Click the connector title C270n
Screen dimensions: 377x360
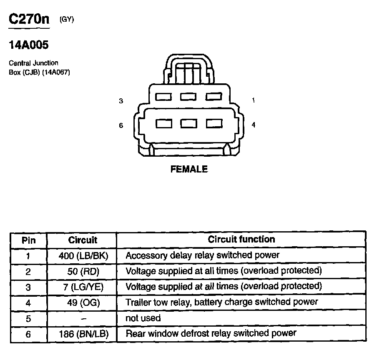[x=29, y=20]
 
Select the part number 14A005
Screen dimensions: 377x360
[x=29, y=45]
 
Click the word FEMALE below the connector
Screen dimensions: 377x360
[x=189, y=169]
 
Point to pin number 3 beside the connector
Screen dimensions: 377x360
[x=121, y=101]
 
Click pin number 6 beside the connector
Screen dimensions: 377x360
[x=121, y=125]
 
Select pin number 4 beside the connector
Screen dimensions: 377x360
[x=253, y=125]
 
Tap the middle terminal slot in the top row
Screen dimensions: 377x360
[x=188, y=97]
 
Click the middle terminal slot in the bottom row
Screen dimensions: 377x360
[x=188, y=123]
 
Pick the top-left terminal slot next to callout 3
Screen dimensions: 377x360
[x=163, y=97]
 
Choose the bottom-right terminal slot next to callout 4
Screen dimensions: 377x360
[x=214, y=123]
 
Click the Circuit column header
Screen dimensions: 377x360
[x=83, y=240]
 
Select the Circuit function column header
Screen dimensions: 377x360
[x=241, y=240]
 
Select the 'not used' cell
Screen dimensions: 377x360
[x=143, y=318]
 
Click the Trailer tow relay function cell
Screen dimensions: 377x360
[x=221, y=302]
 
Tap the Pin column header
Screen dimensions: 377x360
[x=28, y=240]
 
